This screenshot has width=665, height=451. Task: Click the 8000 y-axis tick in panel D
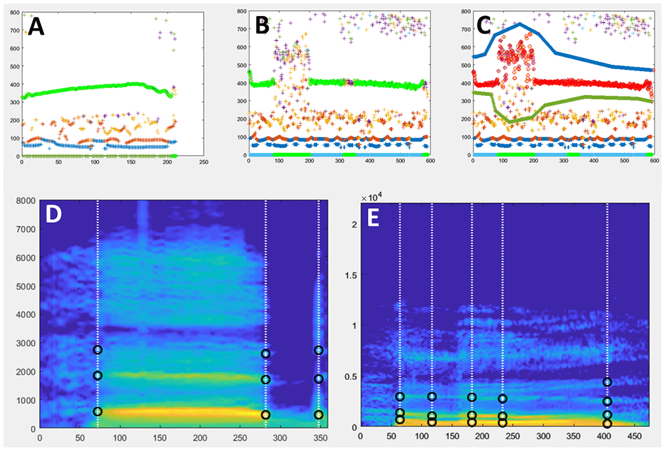[26, 200]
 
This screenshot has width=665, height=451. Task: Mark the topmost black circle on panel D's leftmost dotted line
[98, 350]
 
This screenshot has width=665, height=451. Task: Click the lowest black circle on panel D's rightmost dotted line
[319, 414]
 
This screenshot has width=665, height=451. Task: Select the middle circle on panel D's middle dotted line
[266, 380]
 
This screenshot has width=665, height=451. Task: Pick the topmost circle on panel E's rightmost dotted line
[607, 382]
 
